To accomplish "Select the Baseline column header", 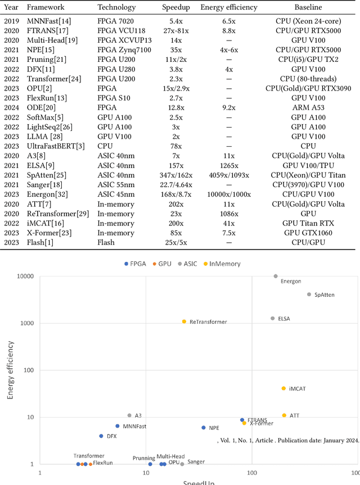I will [x=308, y=8].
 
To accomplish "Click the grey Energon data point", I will [x=275, y=276].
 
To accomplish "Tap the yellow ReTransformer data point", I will [x=184, y=321].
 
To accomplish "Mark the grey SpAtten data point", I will [x=309, y=294].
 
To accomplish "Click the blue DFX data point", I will [x=101, y=436].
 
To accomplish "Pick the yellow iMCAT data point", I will [x=283, y=388].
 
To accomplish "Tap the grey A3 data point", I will [x=129, y=415].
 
